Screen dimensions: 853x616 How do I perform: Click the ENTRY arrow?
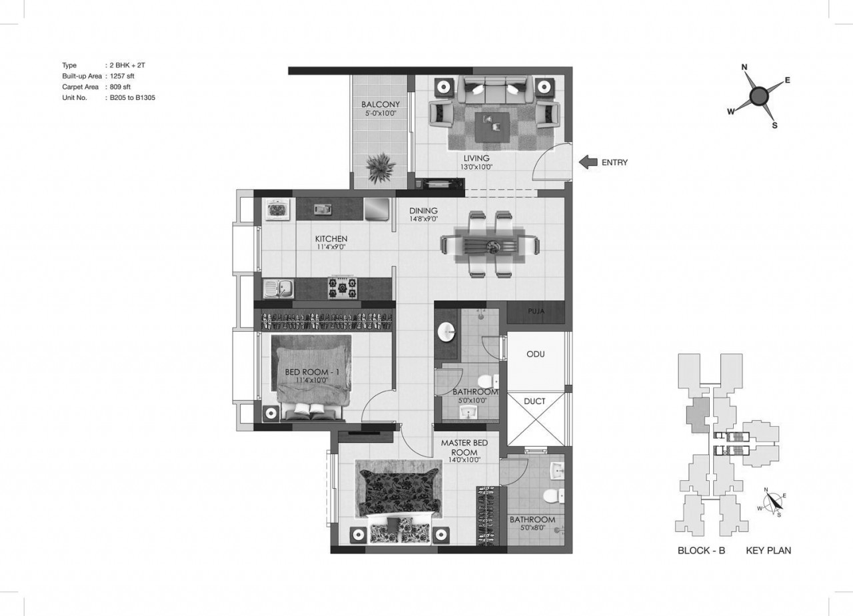[x=588, y=162]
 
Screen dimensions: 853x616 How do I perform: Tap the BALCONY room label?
[x=381, y=105]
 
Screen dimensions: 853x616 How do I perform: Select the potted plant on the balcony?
[x=380, y=168]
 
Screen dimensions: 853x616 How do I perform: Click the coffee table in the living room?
[x=492, y=126]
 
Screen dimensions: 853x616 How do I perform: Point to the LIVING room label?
[x=476, y=158]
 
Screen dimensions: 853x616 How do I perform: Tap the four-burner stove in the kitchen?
[x=343, y=288]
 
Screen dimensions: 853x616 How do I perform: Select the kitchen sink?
[x=279, y=289]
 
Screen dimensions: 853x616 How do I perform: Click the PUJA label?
[x=536, y=311]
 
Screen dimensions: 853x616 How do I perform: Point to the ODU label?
[x=535, y=354]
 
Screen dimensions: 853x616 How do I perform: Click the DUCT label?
[x=534, y=402]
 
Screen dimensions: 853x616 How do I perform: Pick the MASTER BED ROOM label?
[x=464, y=448]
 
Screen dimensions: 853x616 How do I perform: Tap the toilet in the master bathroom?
[x=552, y=496]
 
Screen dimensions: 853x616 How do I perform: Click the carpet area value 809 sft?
[x=120, y=87]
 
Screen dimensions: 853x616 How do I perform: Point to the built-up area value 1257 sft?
[x=122, y=76]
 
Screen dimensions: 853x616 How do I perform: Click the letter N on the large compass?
[x=744, y=67]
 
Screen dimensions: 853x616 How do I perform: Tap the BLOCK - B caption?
[x=701, y=550]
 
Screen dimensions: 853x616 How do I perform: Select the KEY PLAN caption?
[x=768, y=550]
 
